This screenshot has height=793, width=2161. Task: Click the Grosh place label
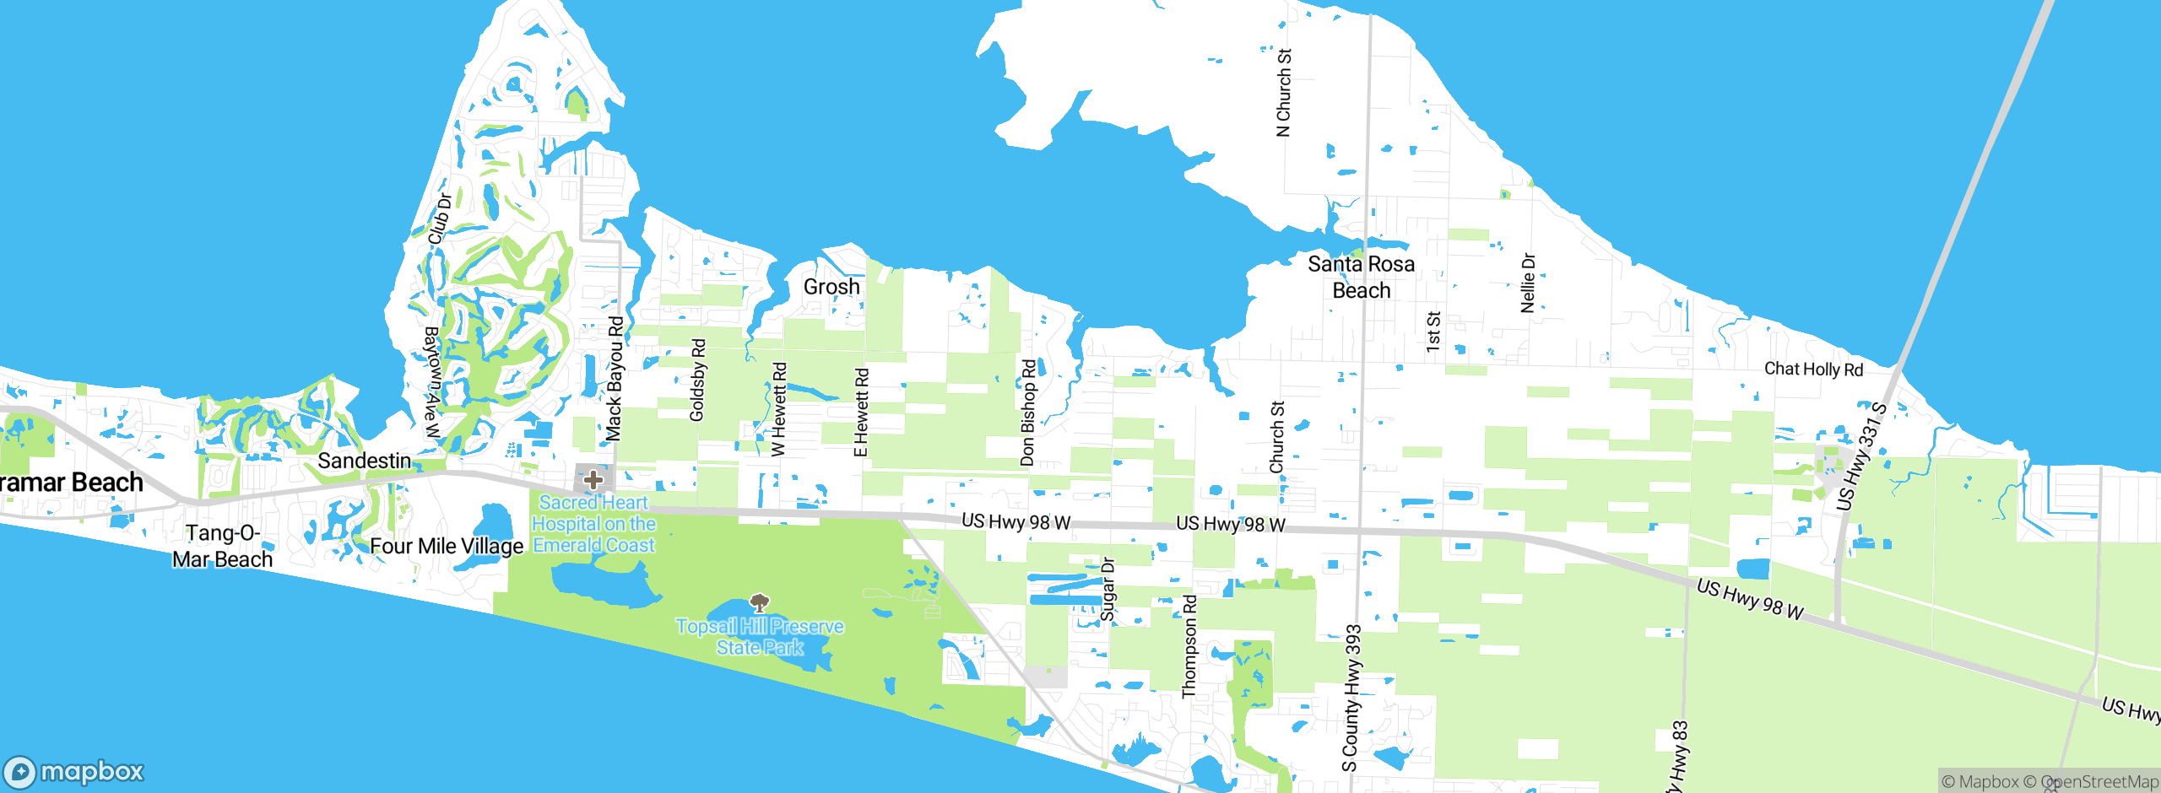point(831,287)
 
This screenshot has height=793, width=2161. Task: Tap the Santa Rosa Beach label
point(1361,277)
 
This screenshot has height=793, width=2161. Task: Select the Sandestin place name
point(364,461)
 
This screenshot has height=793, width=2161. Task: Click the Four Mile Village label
point(447,546)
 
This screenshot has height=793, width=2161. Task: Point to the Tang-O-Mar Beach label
point(222,546)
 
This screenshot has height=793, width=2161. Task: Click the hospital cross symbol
point(593,480)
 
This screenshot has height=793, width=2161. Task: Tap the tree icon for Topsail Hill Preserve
point(760,602)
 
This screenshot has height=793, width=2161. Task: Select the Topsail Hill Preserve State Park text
point(760,637)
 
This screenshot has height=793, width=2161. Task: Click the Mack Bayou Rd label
point(615,379)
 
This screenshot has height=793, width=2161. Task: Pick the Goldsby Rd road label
point(697,380)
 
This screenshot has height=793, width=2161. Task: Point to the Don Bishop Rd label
point(1027,413)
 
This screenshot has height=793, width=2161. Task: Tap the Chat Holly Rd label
point(1813,369)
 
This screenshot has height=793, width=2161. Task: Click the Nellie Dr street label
point(1528,283)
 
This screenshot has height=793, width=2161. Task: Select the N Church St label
point(1284,92)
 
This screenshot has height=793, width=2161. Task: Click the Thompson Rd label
point(1189,646)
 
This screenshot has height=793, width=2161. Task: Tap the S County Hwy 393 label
point(1351,698)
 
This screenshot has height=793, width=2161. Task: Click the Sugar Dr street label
point(1108,589)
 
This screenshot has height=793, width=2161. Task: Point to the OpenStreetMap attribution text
point(2099,782)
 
